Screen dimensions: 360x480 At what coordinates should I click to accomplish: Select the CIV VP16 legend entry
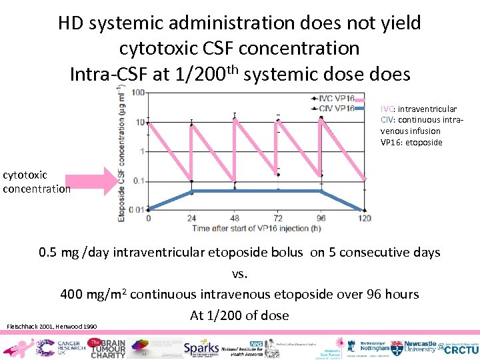click(x=336, y=108)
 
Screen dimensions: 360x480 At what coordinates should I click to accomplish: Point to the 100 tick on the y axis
click(x=139, y=93)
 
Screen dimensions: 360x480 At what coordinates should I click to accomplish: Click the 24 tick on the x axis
click(x=191, y=219)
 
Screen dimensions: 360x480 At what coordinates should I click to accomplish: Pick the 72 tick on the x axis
click(x=278, y=219)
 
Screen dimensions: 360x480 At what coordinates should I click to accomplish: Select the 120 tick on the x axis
click(x=365, y=219)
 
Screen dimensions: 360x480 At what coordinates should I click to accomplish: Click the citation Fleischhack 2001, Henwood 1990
click(x=51, y=326)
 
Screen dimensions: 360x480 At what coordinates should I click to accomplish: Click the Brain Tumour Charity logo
click(x=107, y=347)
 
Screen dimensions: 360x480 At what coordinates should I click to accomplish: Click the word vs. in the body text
click(x=239, y=273)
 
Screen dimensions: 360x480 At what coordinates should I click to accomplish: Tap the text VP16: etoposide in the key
click(x=411, y=142)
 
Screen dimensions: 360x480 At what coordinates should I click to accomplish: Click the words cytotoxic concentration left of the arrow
click(x=36, y=181)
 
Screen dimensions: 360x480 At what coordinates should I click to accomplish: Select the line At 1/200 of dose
click(x=239, y=315)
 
